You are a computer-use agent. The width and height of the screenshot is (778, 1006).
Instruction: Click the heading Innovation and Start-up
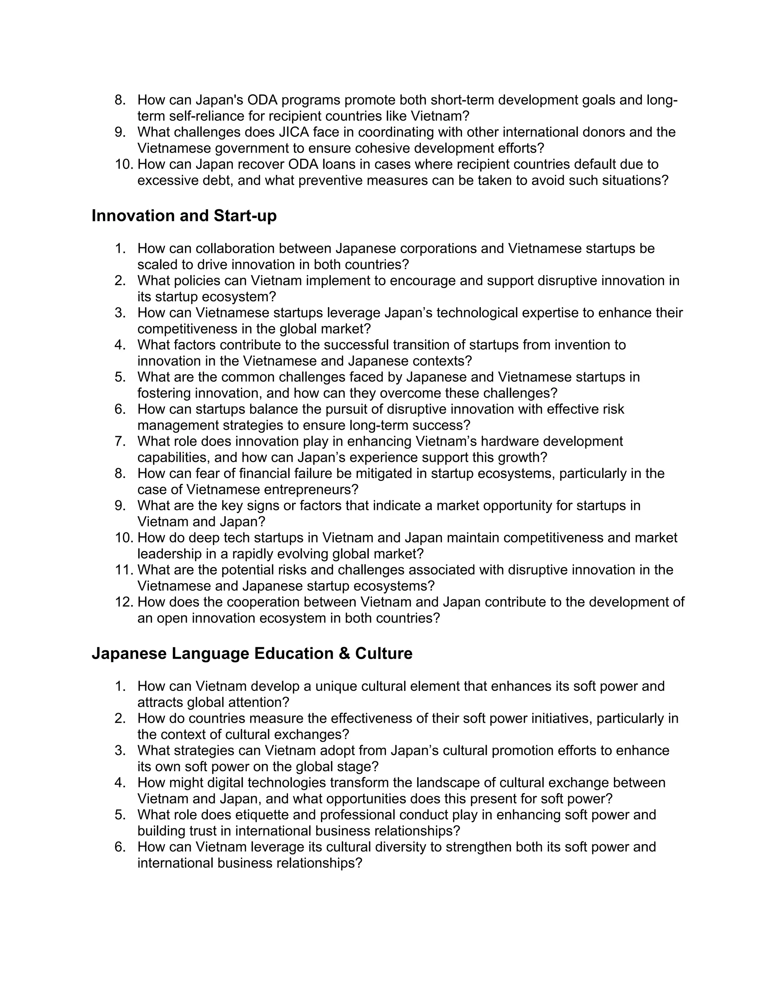tap(184, 216)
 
